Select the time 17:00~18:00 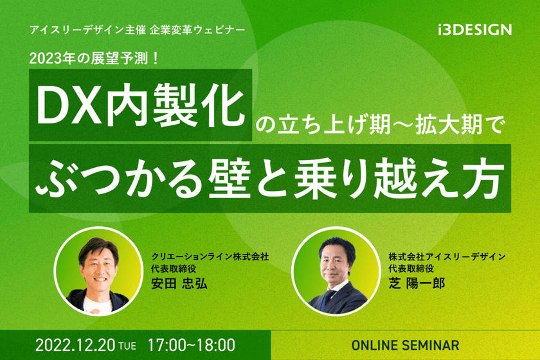tap(191, 345)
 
